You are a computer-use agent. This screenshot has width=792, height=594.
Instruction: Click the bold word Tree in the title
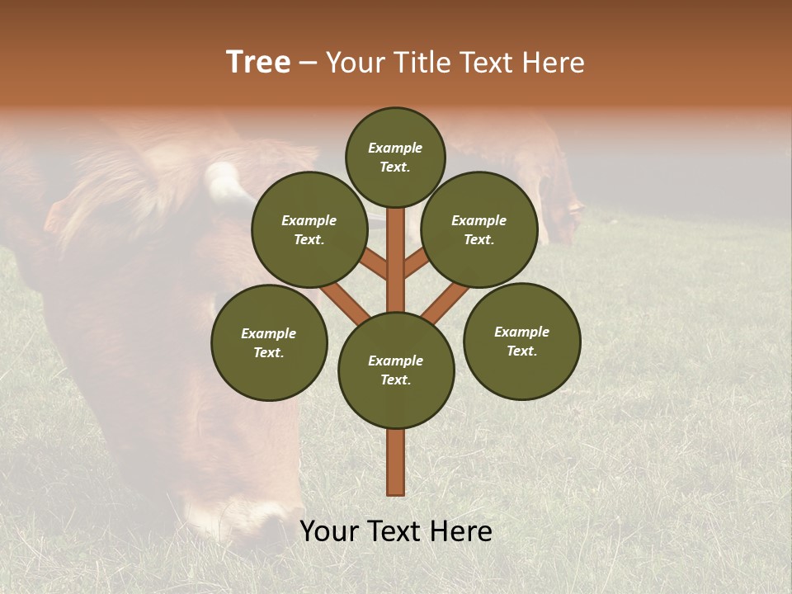coord(258,63)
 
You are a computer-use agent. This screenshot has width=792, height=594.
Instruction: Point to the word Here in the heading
coord(553,63)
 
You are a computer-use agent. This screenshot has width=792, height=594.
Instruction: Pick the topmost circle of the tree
coord(395,157)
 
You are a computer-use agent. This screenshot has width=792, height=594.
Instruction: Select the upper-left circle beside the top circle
coord(309,229)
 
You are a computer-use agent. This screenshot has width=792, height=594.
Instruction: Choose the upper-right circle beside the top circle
coord(479,229)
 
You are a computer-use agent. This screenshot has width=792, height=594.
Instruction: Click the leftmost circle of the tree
coord(269,342)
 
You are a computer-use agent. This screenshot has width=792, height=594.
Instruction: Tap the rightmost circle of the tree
coord(522,341)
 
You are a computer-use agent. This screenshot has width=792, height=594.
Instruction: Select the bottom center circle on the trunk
coord(396,370)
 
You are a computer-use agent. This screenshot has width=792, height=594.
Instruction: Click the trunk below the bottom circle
coord(396,462)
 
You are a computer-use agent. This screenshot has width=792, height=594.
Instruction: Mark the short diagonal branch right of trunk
coord(416,263)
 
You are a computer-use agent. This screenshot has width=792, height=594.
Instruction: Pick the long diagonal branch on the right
coord(445,300)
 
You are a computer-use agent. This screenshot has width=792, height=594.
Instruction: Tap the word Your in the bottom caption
coord(329,531)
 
